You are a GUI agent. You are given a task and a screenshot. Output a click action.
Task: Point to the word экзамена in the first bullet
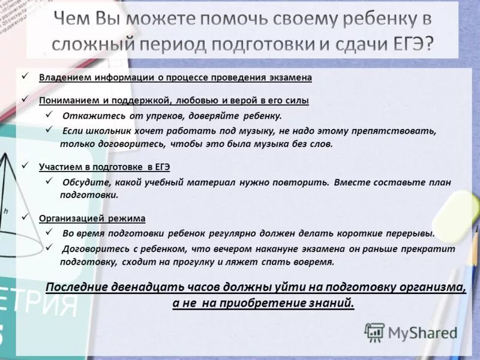(x=290, y=77)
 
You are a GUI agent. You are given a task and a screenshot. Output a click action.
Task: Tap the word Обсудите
(x=83, y=182)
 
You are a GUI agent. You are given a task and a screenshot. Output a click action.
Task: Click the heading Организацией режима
(x=92, y=218)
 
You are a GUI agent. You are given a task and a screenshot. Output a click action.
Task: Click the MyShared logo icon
(x=374, y=332)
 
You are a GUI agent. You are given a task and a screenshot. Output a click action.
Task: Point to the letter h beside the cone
(x=5, y=211)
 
